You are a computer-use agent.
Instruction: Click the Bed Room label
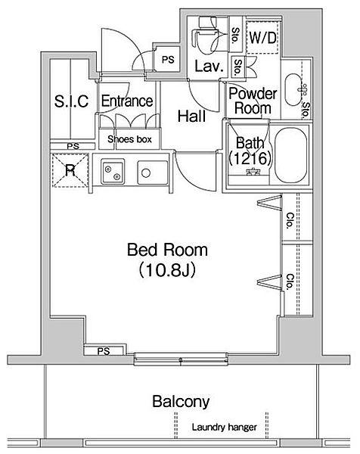coord(167,250)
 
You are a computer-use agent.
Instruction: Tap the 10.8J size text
coord(167,270)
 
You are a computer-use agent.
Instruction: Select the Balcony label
coord(181,402)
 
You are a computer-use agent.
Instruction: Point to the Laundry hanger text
coord(225,427)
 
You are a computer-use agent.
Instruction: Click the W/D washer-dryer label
coord(262,38)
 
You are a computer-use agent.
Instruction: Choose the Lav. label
coord(209,67)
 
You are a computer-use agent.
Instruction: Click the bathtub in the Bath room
coord(290,155)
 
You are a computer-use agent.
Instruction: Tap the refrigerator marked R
coord(70,170)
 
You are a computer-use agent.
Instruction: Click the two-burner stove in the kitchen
coord(113,171)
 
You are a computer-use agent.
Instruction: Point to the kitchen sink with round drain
coord(153,173)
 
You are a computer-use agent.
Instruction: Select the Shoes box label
coord(129,139)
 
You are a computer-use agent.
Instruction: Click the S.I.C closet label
coord(71,101)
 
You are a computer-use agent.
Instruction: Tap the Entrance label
coord(127,101)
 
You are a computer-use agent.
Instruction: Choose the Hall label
coord(191,116)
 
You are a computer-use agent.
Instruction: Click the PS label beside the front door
coord(168,60)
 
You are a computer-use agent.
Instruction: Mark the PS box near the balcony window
coord(105,350)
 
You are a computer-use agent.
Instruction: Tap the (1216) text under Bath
coord(250,158)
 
